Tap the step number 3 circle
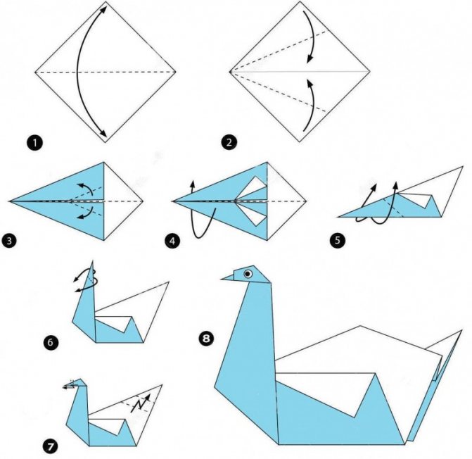pyautogui.click(x=9, y=241)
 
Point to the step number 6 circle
pyautogui.click(x=49, y=344)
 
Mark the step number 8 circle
pyautogui.click(x=206, y=339)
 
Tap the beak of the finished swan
pyautogui.click(x=229, y=278)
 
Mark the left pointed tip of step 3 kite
pyautogui.click(x=11, y=201)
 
